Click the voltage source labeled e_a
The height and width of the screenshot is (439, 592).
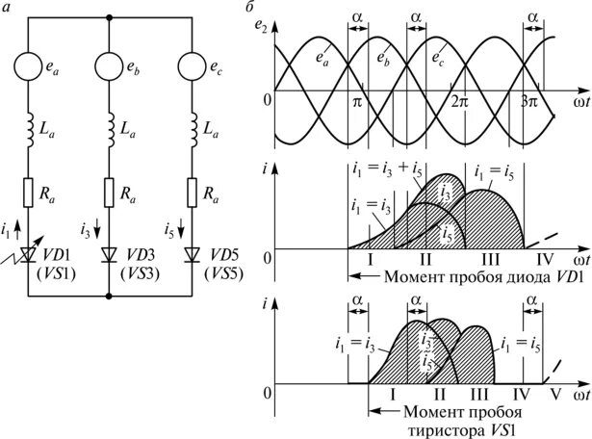[x=29, y=68]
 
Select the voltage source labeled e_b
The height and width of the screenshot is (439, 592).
[x=110, y=68]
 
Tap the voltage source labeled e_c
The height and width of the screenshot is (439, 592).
[x=191, y=68]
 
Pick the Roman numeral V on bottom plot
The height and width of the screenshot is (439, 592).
[x=553, y=394]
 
